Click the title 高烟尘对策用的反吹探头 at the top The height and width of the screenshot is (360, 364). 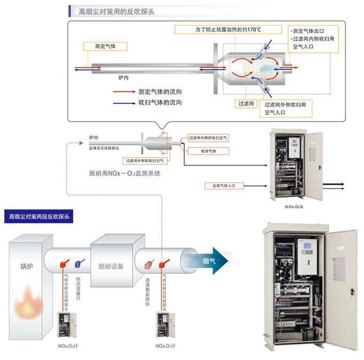point(116,11)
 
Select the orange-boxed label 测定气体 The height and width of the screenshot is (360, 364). point(105,47)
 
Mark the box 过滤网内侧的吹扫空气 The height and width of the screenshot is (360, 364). point(208,138)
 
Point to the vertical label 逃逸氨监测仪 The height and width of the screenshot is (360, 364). point(147,294)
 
